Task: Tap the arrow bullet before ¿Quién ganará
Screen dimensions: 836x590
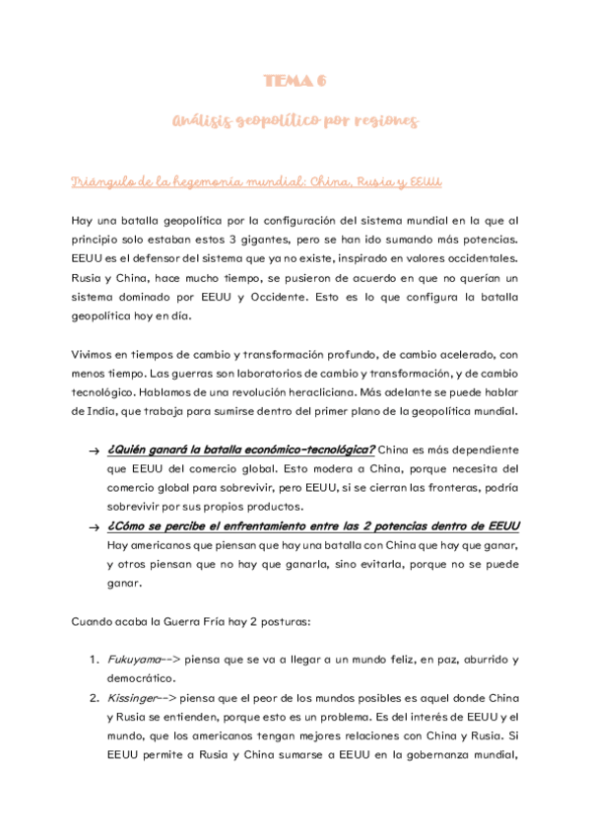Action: (x=92, y=451)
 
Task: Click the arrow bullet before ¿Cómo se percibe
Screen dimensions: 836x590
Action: (x=92, y=527)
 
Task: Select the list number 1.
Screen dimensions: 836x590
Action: (x=92, y=660)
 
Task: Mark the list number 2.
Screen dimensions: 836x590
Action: (x=92, y=698)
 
